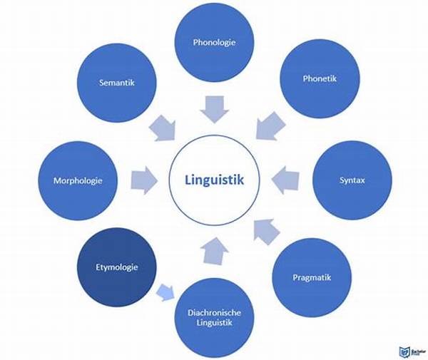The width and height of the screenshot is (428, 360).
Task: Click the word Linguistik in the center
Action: pos(214,180)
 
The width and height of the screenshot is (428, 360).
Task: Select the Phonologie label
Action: pos(214,42)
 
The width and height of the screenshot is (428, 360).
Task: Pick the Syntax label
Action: pos(353,180)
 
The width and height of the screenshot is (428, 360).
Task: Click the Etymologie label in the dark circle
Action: pos(116,267)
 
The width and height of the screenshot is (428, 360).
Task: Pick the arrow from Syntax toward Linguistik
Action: pos(286,180)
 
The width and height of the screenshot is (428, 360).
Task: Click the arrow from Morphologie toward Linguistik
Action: pos(143,180)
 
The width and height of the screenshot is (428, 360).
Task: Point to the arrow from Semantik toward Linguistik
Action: pos(162,127)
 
